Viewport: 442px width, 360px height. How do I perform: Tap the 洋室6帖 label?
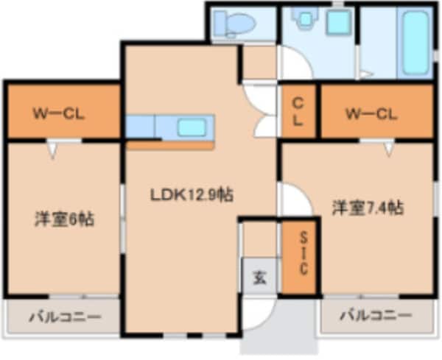[x=65, y=219]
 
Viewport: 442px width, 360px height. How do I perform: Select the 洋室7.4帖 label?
[x=366, y=208]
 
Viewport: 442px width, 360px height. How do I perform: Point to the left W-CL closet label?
[x=58, y=114]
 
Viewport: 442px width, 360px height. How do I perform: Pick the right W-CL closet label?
[x=371, y=114]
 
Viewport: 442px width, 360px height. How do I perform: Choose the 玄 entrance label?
[x=260, y=278]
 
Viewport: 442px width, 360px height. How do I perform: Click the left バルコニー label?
[x=65, y=317]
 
